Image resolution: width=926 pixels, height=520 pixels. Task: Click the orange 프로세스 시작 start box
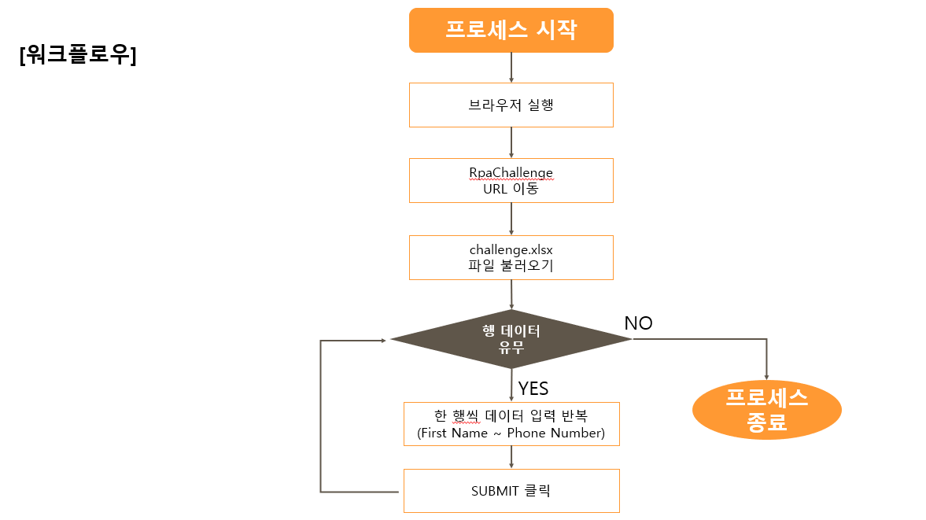pos(511,30)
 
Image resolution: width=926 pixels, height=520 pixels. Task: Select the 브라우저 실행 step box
pos(511,105)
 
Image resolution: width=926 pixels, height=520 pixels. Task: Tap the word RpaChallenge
pos(511,172)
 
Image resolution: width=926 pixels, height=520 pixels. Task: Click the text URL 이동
pos(511,189)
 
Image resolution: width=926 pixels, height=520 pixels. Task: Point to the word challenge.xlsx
pos(511,249)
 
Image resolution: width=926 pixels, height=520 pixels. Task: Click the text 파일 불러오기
pos(511,266)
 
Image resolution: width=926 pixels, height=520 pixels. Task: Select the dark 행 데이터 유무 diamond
pos(511,339)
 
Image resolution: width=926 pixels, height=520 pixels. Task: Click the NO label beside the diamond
pos(638,323)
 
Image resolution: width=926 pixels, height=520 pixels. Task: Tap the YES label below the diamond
pos(533,388)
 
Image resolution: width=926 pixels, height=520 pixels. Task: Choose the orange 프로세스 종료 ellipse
pos(766,411)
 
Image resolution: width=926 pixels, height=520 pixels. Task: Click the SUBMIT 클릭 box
pos(511,491)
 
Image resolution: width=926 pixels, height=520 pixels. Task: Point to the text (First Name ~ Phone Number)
pos(511,433)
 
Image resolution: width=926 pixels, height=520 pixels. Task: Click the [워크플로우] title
pos(78,56)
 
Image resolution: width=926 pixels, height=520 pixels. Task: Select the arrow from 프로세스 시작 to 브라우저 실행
pos(511,68)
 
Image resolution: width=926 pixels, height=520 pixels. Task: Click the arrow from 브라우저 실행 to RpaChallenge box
pos(511,142)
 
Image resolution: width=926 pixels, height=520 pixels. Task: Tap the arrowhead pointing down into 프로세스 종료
pos(766,376)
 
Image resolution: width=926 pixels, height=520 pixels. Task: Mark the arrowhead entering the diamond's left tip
pos(384,340)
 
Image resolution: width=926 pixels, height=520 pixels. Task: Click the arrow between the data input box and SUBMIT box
pos(511,457)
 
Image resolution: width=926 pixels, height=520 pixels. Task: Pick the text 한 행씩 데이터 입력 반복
pos(511,415)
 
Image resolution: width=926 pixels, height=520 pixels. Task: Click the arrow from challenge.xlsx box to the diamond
pos(511,294)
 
